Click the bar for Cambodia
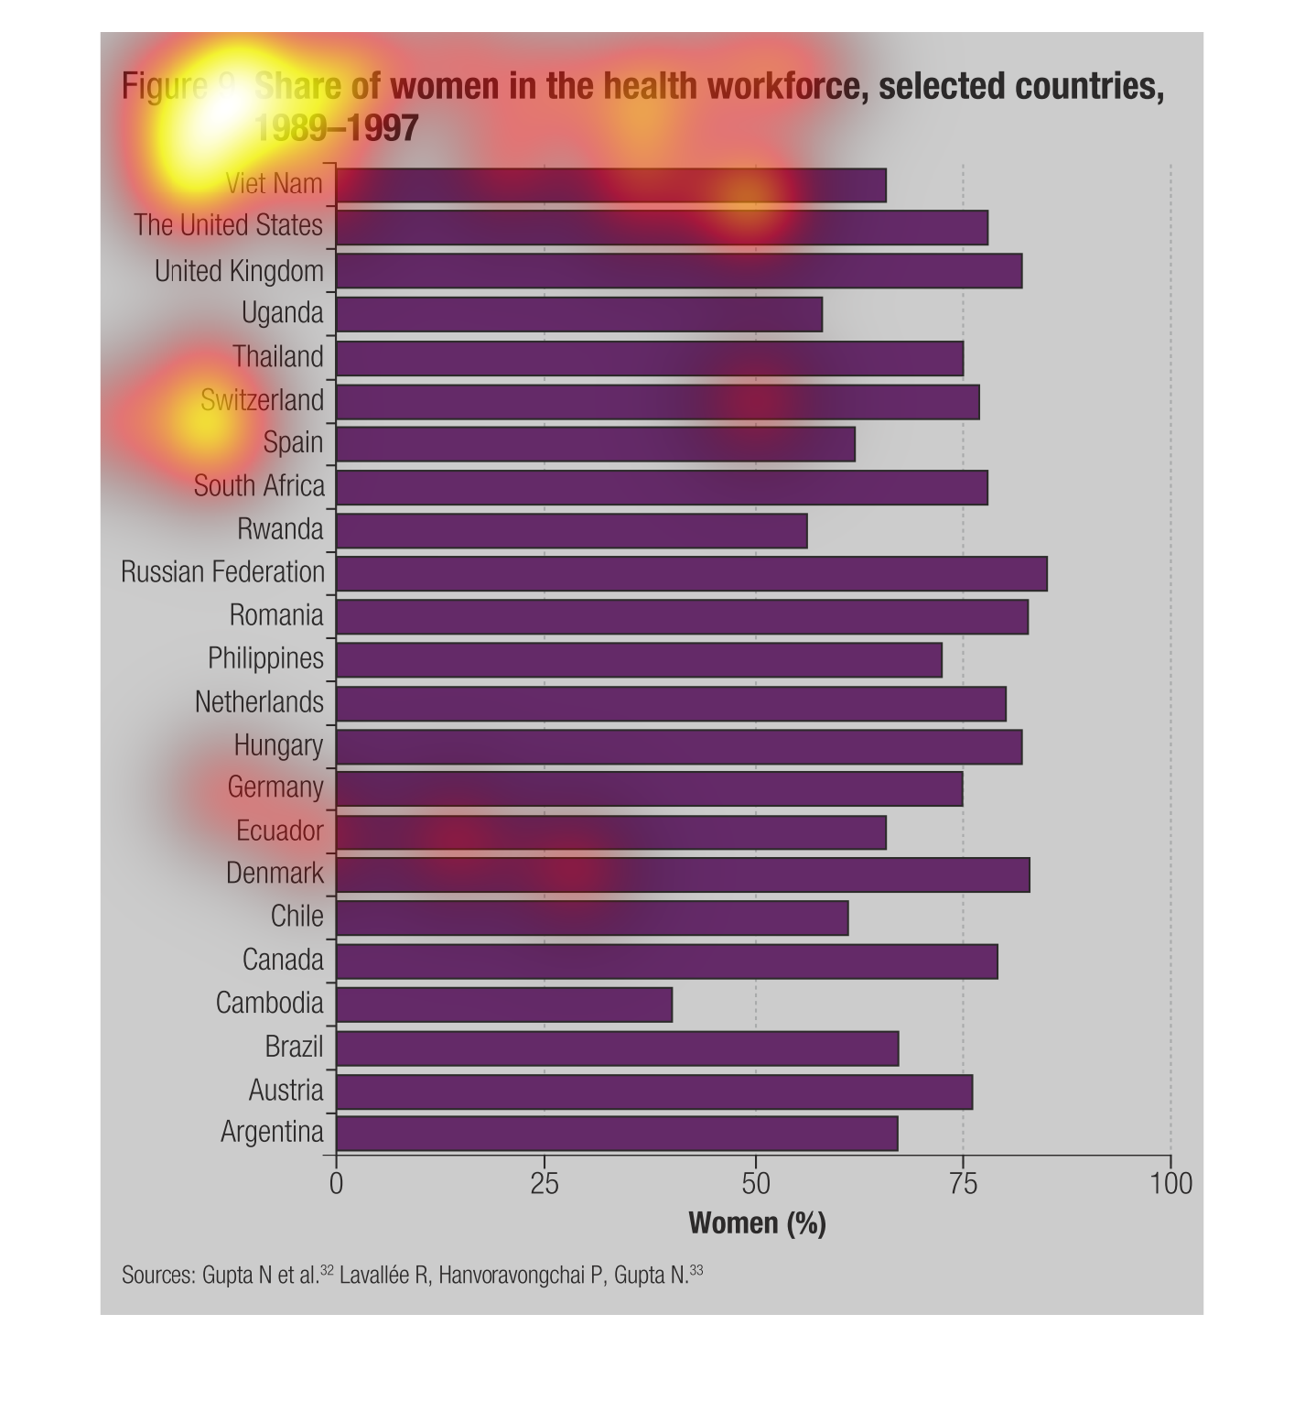coord(504,1005)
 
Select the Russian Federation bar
coord(692,573)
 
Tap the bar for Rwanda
coord(572,530)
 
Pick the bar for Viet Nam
coord(611,185)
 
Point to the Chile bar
coord(592,918)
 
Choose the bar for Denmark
coord(683,874)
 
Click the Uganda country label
coord(282,313)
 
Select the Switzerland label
coord(262,400)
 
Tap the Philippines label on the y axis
coord(265,658)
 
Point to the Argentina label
coord(272,1133)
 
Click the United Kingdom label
coord(239,271)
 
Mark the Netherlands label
coord(259,702)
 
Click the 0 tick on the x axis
coord(336,1184)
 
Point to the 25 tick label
coord(545,1184)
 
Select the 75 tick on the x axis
coord(963,1184)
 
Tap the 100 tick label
coord(1170,1184)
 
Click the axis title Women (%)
coord(757,1223)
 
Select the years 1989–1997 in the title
coord(336,127)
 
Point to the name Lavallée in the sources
coord(374,1276)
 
